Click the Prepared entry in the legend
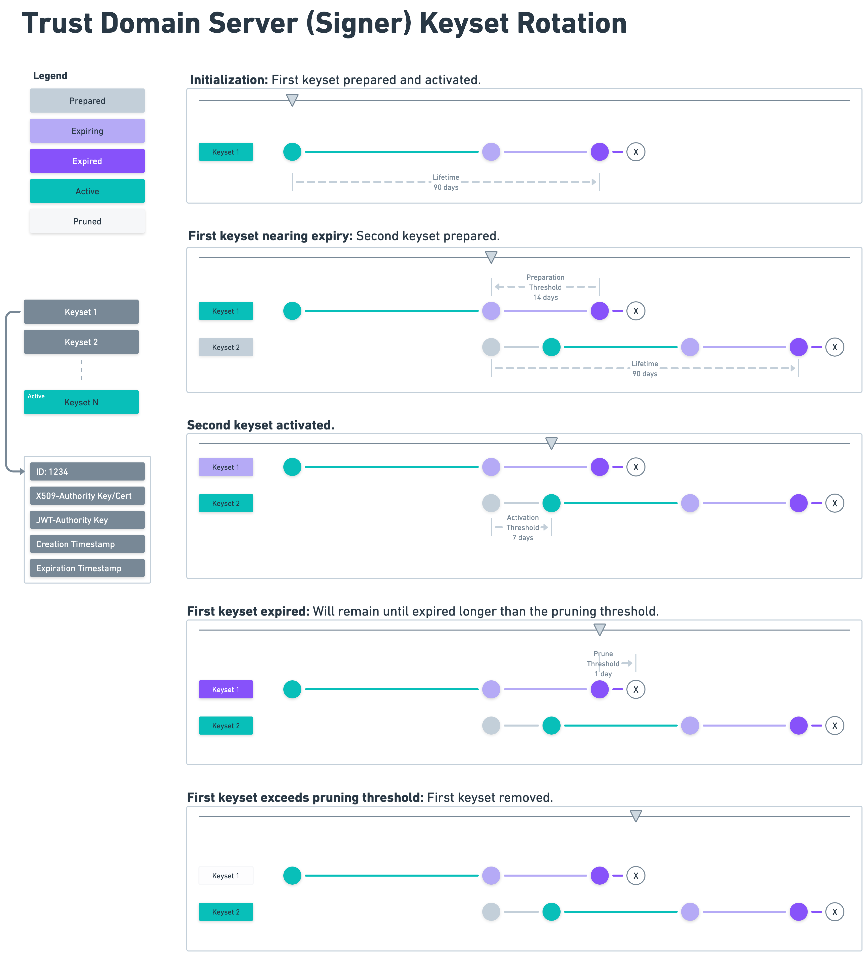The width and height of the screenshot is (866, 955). (x=87, y=101)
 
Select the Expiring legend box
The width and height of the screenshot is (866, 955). (x=87, y=131)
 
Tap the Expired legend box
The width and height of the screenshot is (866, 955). (x=87, y=161)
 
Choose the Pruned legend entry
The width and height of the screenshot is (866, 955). (x=87, y=221)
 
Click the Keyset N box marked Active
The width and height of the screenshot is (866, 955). (x=81, y=402)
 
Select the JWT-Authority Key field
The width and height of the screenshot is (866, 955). (x=87, y=520)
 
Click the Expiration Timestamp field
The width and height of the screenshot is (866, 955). (x=87, y=568)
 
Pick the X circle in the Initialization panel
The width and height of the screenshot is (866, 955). (x=635, y=152)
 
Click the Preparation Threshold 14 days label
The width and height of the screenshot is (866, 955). (x=545, y=287)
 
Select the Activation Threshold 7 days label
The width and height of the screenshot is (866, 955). (x=522, y=527)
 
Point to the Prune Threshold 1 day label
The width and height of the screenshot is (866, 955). (x=603, y=663)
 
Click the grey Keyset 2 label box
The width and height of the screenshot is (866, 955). (x=226, y=347)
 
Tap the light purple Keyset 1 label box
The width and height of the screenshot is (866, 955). (x=226, y=467)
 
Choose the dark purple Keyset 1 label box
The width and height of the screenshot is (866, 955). (x=226, y=689)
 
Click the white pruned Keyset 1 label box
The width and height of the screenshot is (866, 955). (x=226, y=875)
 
